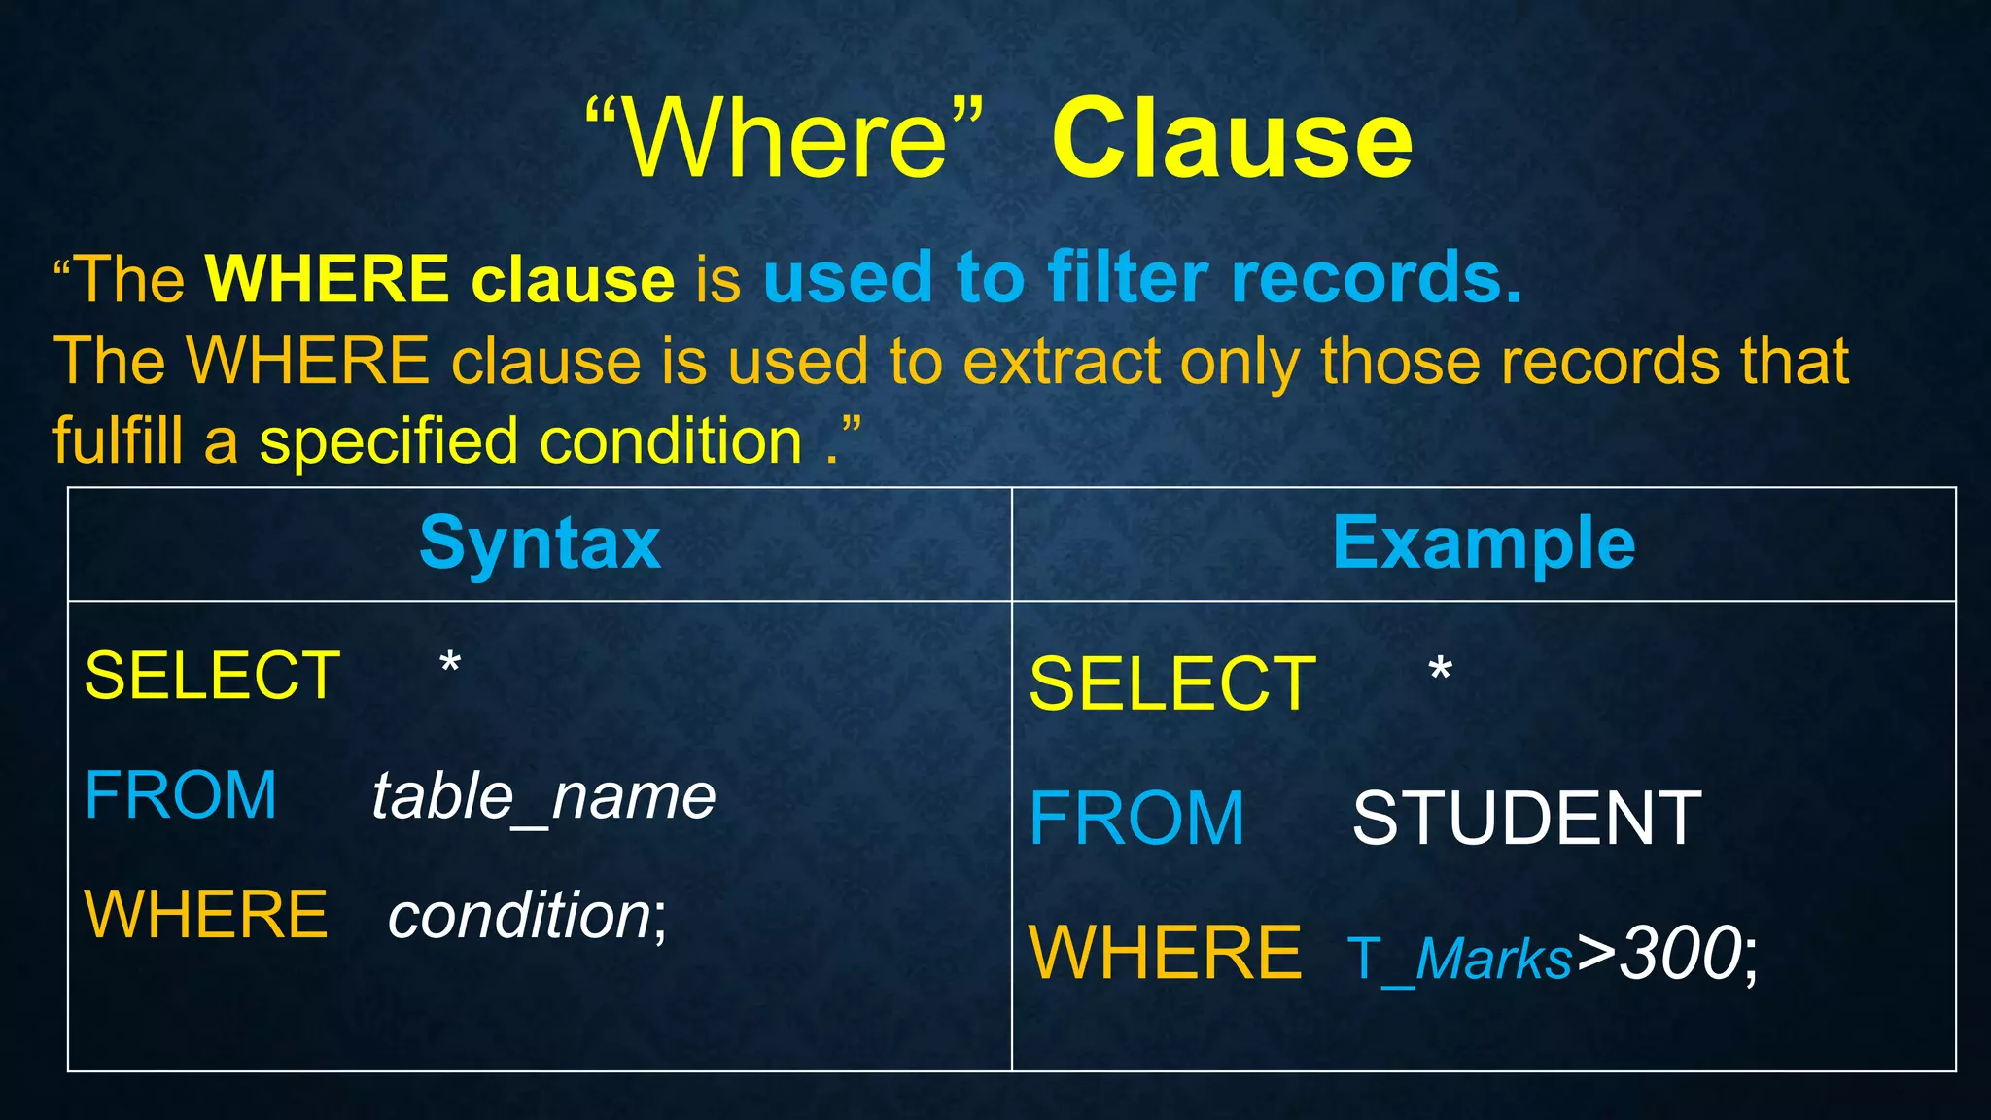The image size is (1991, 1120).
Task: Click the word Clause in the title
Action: (x=1232, y=141)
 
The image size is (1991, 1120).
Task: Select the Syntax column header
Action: (x=540, y=543)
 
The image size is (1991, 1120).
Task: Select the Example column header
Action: (x=1484, y=543)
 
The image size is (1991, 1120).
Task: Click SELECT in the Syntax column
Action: (x=212, y=676)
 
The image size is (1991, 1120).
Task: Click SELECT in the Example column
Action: (x=1172, y=684)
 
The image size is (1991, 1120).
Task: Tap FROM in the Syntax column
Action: (x=181, y=795)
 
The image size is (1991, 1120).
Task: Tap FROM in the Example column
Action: (x=1136, y=819)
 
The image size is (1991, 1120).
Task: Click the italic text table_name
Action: (x=543, y=797)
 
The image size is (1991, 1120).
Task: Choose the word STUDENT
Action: (x=1526, y=819)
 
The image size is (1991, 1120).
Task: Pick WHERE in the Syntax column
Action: (x=206, y=915)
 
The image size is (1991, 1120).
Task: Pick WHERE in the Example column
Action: (x=1165, y=954)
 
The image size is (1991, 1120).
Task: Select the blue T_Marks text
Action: (x=1459, y=960)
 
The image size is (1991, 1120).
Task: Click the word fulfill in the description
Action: (x=118, y=441)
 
